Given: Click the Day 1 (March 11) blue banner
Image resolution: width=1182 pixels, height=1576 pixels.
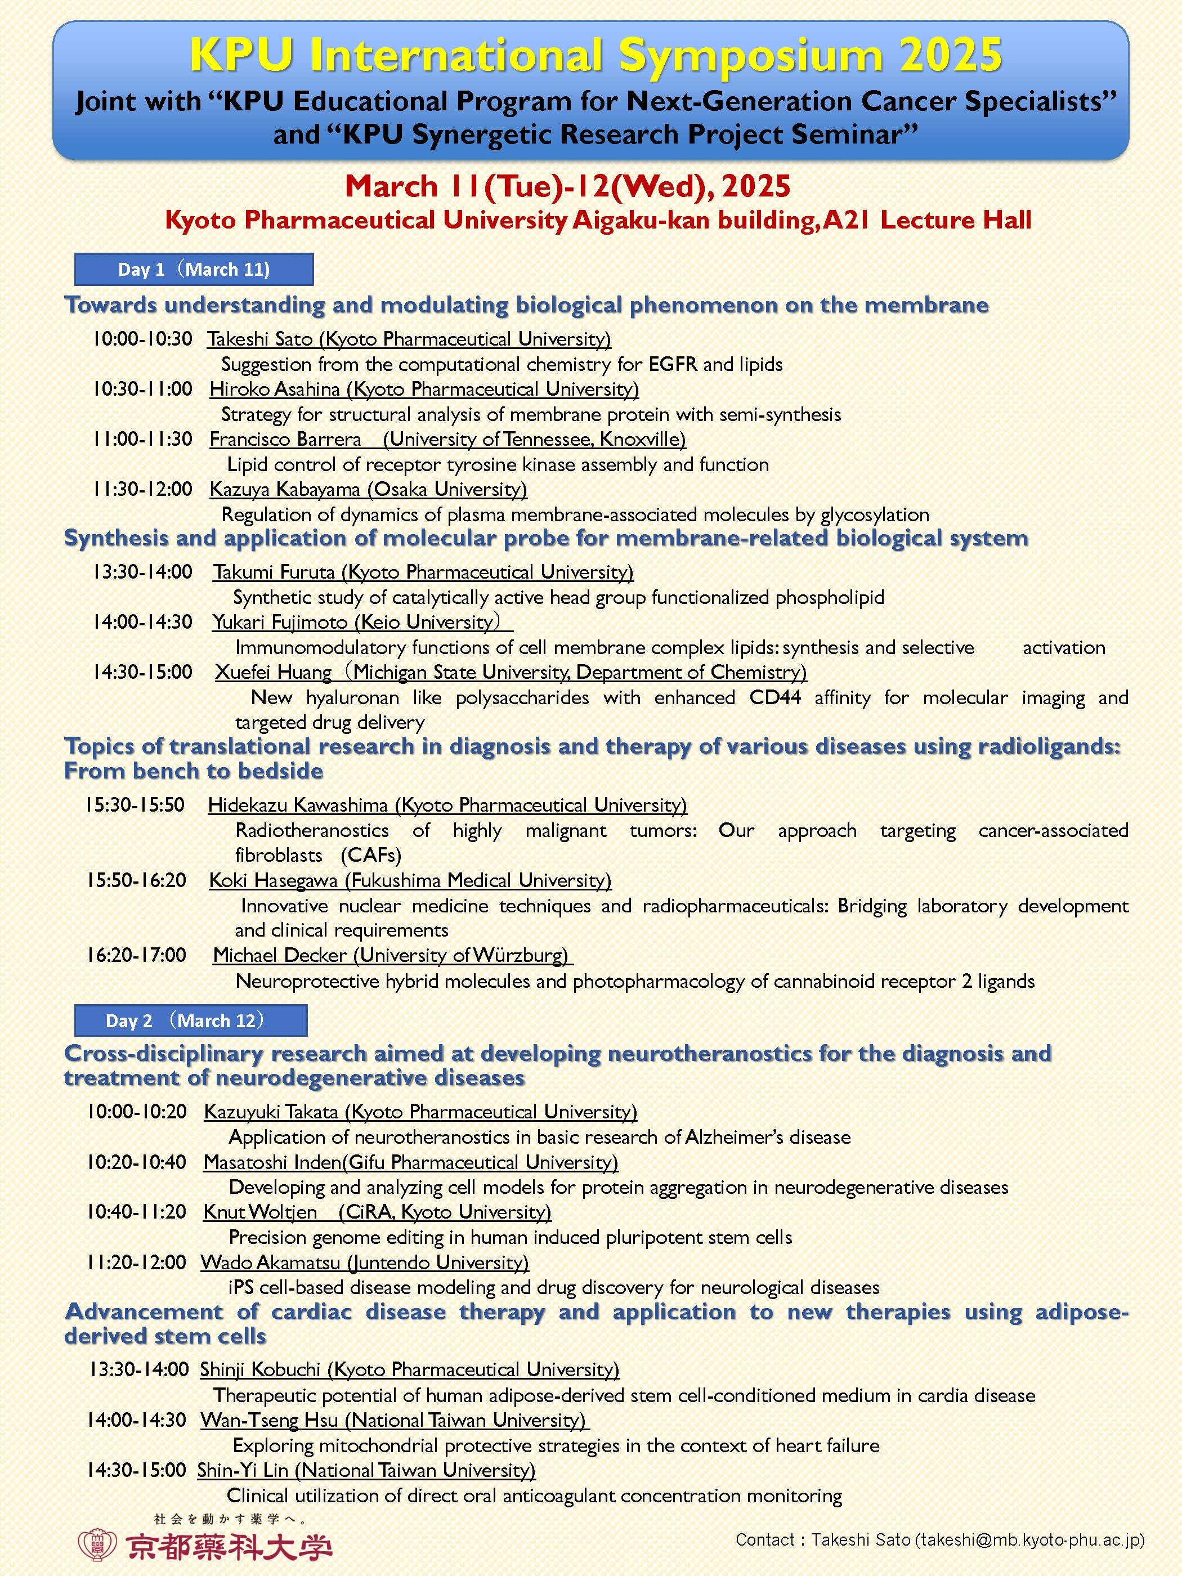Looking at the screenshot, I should pyautogui.click(x=194, y=269).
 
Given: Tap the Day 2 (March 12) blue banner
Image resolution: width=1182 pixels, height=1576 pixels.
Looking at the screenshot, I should pyautogui.click(x=190, y=1020).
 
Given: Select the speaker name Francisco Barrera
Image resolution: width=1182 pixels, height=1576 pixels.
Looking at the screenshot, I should pyautogui.click(x=285, y=440).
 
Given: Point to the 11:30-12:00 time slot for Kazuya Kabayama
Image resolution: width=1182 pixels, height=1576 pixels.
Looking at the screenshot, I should pyautogui.click(x=142, y=490).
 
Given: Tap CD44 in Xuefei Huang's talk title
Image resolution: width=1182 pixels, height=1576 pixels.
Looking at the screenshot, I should pyautogui.click(x=775, y=697).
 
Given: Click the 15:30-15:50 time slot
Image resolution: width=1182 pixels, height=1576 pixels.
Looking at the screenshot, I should pyautogui.click(x=135, y=805).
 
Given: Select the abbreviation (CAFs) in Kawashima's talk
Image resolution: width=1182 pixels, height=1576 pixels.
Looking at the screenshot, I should pyautogui.click(x=370, y=855).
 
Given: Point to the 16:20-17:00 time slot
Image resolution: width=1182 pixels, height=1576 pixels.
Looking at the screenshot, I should pyautogui.click(x=136, y=955).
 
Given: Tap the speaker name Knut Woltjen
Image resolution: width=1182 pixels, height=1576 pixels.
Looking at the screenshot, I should pyautogui.click(x=260, y=1212).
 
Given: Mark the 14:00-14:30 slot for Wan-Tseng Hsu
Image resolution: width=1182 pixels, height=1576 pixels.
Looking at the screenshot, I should pyautogui.click(x=136, y=1420).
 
